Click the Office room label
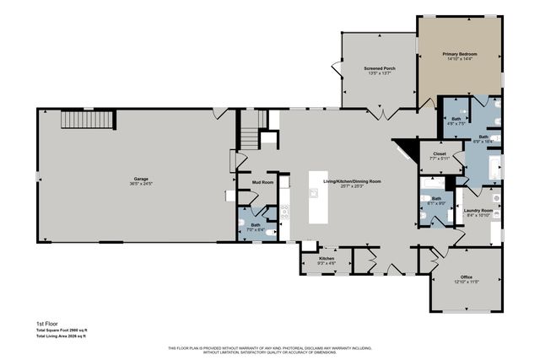pyautogui.click(x=466, y=279)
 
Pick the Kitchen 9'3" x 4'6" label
pyautogui.click(x=327, y=261)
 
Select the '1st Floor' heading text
pyautogui.click(x=45, y=323)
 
